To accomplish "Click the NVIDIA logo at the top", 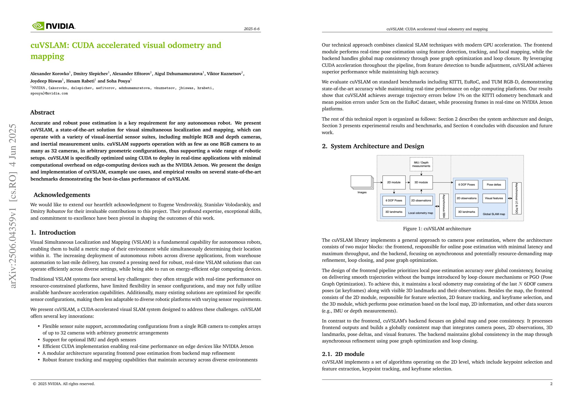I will [54, 26].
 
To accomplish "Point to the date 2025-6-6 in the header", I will [252, 29].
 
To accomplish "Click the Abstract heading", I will [42, 113].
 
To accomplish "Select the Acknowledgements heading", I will [62, 195].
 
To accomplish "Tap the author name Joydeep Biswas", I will [46, 81].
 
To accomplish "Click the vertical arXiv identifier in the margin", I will [13, 206].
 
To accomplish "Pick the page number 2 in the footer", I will [551, 384].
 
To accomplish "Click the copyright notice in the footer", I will [64, 384].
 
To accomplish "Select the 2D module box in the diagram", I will [394, 182].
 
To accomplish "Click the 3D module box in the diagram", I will [421, 182].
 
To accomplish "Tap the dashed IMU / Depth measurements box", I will [421, 164].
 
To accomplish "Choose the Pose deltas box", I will [494, 184].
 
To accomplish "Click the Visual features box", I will [494, 198].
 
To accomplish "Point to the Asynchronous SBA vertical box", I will [443, 206].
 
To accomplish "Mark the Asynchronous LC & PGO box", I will [516, 198].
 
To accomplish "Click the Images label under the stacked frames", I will [362, 192].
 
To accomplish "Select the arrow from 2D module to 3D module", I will [408, 182].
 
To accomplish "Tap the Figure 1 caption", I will [437, 229].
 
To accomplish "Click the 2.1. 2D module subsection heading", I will [343, 354].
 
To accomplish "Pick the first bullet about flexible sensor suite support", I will [152, 330].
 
